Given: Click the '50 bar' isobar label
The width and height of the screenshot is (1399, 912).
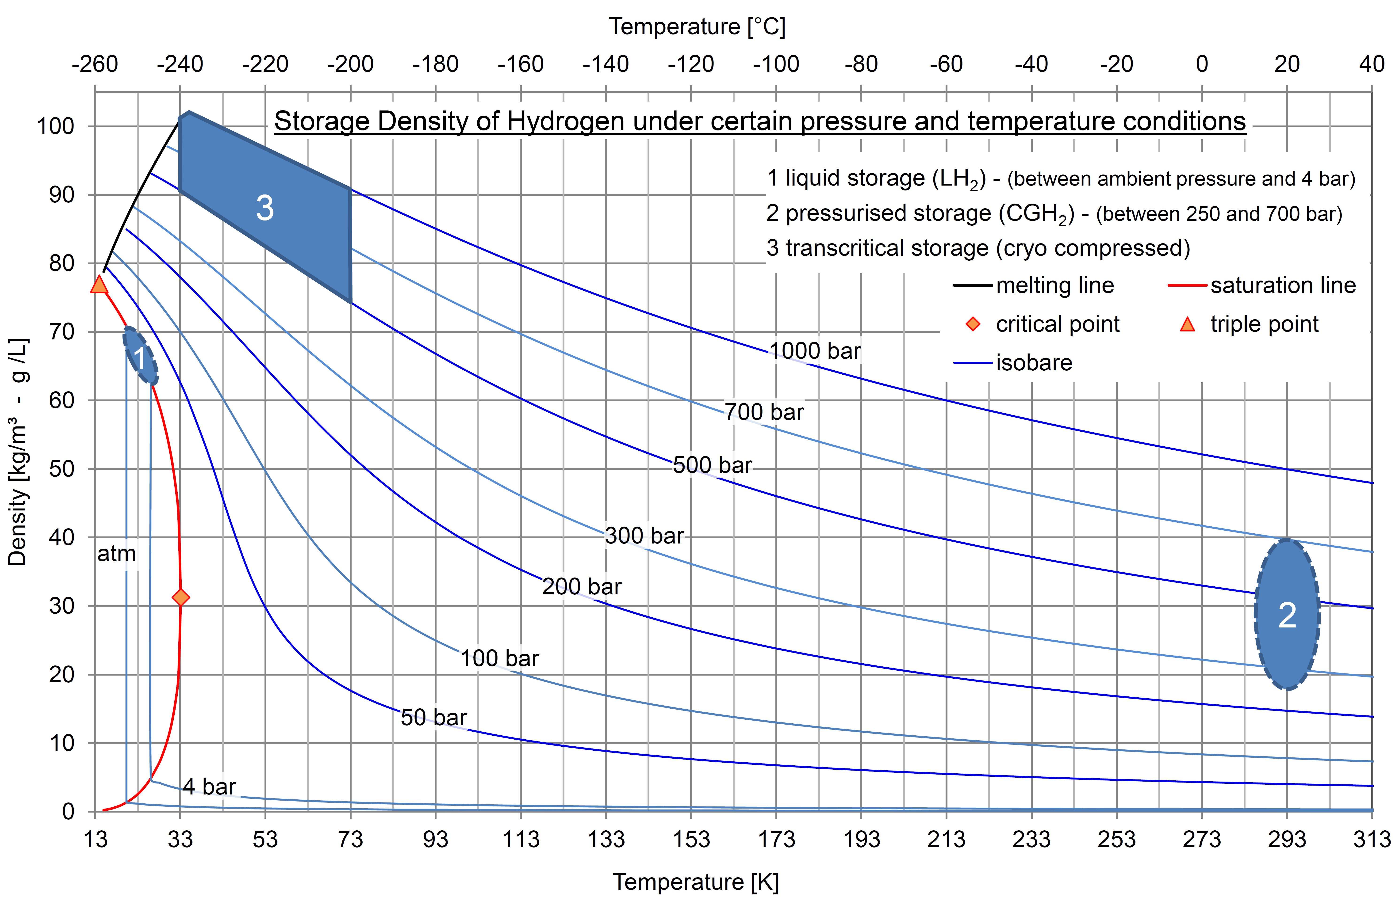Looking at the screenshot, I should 434,718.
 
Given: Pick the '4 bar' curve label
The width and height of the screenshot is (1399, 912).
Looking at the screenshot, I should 209,786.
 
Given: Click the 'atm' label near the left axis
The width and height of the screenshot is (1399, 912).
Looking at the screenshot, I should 116,554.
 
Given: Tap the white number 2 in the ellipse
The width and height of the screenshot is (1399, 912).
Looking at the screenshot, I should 1287,615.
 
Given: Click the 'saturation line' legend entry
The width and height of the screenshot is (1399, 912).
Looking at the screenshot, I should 1283,286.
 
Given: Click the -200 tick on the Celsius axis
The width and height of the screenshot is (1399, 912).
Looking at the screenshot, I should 350,64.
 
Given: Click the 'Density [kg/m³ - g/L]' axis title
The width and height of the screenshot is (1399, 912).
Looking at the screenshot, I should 18,451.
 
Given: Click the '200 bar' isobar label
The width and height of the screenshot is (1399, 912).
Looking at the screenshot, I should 581,586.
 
